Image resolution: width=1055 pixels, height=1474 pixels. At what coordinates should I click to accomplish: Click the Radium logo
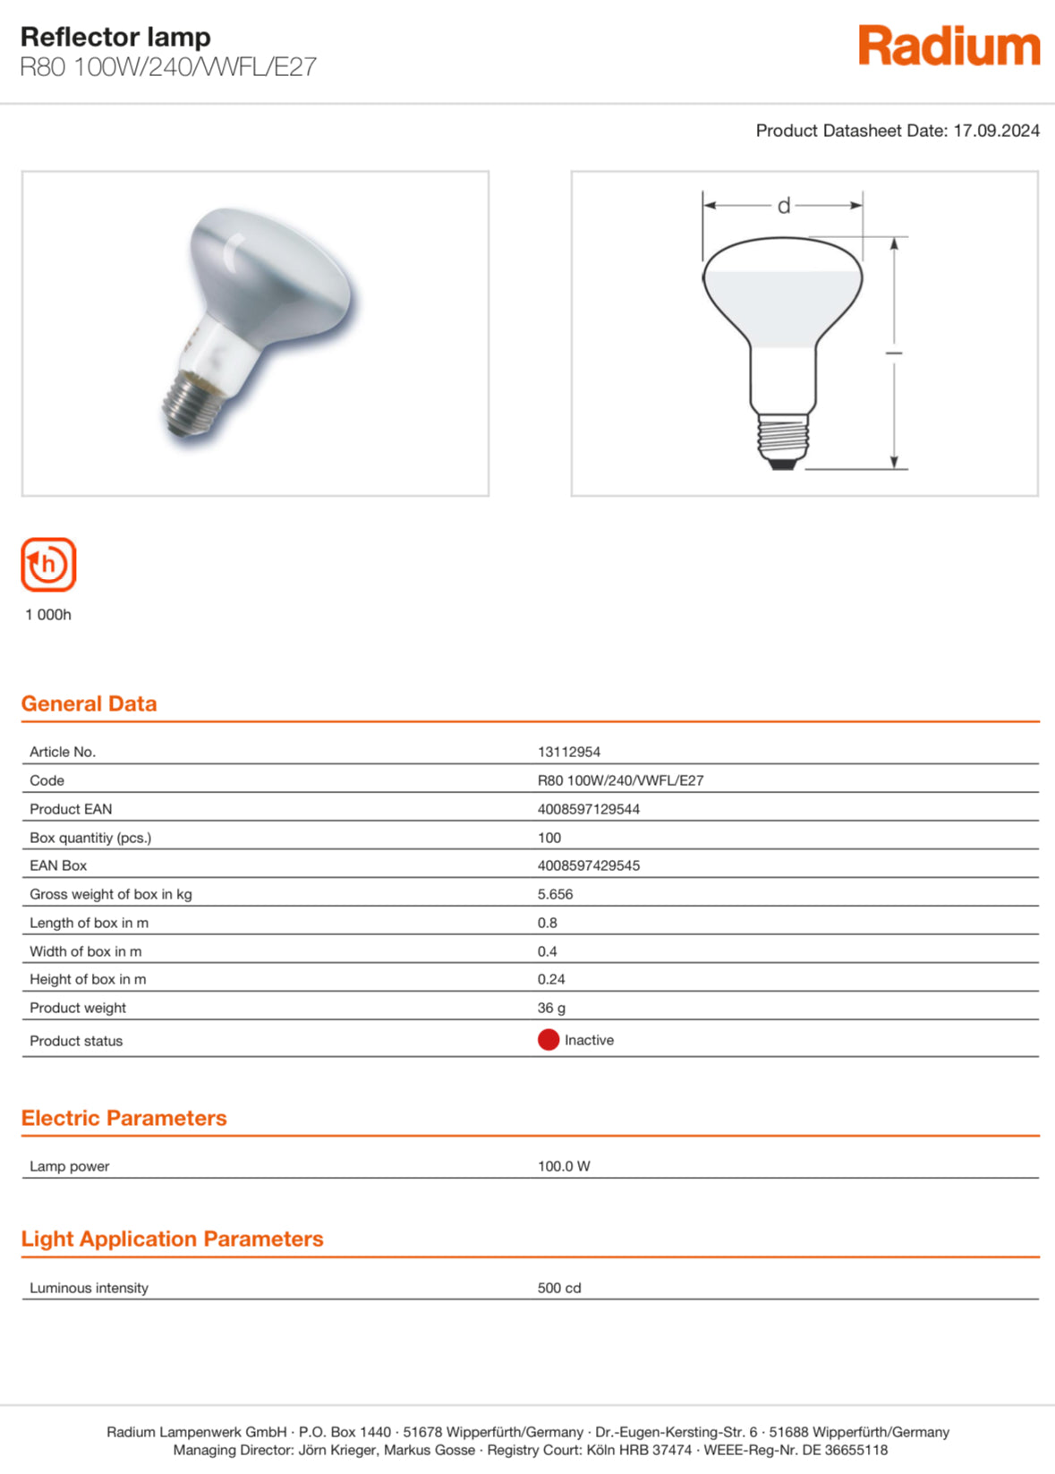pos(949,47)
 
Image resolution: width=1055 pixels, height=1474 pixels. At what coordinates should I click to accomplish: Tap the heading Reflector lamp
pos(115,37)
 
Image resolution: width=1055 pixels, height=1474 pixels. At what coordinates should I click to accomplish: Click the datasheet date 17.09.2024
pos(996,131)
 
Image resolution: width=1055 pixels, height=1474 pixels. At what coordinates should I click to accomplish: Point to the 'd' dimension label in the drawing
pos(784,207)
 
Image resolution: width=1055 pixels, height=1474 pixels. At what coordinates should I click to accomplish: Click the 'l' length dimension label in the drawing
pos(894,353)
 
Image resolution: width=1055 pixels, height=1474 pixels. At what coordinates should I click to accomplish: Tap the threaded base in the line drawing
pos(783,439)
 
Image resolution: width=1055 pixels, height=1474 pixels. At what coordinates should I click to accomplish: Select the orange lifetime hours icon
pos(48,565)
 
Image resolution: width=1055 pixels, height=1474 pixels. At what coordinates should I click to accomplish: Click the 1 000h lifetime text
pos(48,615)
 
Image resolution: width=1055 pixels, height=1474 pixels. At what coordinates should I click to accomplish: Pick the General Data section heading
pos(89,703)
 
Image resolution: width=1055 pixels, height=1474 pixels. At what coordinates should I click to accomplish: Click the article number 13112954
pos(568,752)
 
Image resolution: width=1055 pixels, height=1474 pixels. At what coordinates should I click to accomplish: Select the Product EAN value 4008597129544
pos(588,809)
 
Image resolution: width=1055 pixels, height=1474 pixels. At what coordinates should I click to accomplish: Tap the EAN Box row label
pos(58,865)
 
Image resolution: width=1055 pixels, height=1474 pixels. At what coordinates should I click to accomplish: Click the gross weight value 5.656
pos(555,894)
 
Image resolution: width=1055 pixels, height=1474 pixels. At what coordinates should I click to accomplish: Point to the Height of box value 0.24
pos(551,979)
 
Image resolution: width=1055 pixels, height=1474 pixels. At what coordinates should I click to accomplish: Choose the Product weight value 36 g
pos(551,1008)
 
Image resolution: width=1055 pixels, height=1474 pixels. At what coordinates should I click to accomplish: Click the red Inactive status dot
pos(549,1040)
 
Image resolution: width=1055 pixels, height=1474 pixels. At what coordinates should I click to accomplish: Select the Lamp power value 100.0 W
pos(564,1166)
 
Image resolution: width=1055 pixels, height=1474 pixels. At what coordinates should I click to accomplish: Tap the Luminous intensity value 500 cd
pos(559,1288)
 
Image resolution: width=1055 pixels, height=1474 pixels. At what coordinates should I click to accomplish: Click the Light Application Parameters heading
pos(172,1239)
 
